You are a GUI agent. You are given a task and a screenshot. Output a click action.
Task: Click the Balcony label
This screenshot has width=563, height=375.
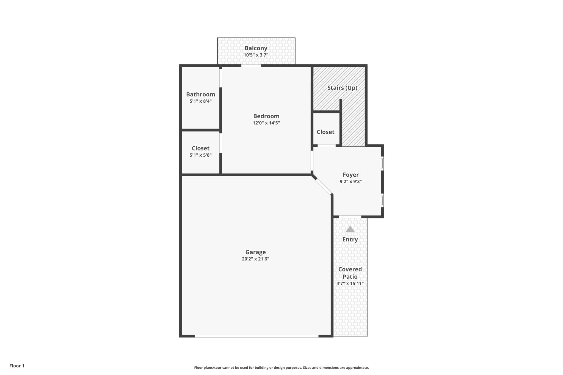[x=256, y=48]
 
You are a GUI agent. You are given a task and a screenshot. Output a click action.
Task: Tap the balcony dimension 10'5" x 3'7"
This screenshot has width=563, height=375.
[x=256, y=55]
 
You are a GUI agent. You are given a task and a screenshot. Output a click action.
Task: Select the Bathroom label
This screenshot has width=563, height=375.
[x=200, y=95]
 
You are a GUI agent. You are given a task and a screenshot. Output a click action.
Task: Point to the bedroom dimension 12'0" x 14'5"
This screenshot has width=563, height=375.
[x=266, y=123]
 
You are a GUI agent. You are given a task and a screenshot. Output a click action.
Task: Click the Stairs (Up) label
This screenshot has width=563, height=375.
[x=342, y=88]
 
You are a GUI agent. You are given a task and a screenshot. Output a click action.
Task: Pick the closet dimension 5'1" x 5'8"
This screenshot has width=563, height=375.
[x=200, y=155]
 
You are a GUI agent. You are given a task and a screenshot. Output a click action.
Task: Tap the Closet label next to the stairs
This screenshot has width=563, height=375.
[x=325, y=132]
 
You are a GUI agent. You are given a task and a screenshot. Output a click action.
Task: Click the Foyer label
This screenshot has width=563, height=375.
[x=351, y=175]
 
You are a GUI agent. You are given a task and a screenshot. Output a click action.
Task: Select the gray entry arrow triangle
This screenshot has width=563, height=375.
[x=350, y=229]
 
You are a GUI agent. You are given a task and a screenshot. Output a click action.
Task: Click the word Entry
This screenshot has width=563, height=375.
[x=350, y=240]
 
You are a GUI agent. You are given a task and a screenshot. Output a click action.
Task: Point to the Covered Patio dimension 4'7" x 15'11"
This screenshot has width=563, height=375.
[x=350, y=284]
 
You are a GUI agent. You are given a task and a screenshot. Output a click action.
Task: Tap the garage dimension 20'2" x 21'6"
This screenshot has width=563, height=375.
[x=255, y=259]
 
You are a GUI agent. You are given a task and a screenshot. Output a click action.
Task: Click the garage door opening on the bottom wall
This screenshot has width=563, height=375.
[x=256, y=336]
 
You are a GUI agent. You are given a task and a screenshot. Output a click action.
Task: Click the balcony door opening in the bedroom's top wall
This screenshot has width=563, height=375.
[x=251, y=66]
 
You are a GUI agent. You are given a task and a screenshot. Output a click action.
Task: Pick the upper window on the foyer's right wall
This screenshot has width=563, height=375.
[x=382, y=163]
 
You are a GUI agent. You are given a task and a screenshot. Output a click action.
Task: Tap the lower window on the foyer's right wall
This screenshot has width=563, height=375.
[x=382, y=200]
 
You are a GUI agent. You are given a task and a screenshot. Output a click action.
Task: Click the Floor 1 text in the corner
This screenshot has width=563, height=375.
[x=17, y=366]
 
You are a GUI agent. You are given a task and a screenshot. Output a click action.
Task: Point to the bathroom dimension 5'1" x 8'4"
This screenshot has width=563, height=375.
[x=200, y=101]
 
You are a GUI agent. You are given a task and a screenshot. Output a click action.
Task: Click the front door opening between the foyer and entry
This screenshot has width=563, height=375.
[x=350, y=217]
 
